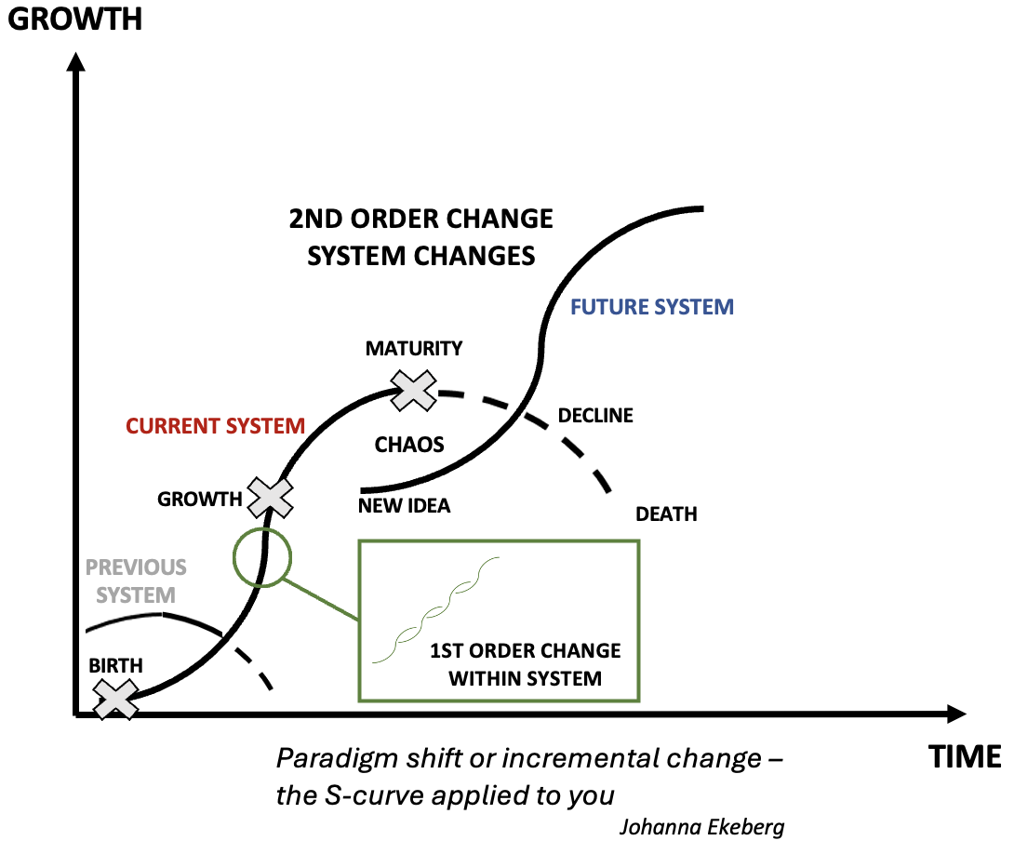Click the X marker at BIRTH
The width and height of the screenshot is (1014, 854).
pyautogui.click(x=117, y=699)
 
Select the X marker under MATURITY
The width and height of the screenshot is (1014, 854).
pyautogui.click(x=414, y=390)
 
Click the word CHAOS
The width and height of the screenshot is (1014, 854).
pyautogui.click(x=409, y=444)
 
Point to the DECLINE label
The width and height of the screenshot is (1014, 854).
pyautogui.click(x=595, y=415)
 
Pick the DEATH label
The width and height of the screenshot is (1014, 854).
pyautogui.click(x=666, y=514)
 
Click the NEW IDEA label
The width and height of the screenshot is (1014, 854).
pyautogui.click(x=404, y=506)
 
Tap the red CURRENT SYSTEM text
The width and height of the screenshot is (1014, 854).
pyautogui.click(x=216, y=426)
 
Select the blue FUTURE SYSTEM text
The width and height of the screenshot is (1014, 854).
pyautogui.click(x=652, y=306)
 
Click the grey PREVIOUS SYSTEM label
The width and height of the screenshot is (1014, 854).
pyautogui.click(x=136, y=580)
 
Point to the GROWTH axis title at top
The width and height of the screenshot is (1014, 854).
pyautogui.click(x=74, y=18)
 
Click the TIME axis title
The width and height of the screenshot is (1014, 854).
pyautogui.click(x=965, y=757)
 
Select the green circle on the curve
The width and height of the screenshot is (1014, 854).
pyautogui.click(x=263, y=556)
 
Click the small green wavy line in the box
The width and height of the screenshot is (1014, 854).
pyautogui.click(x=436, y=610)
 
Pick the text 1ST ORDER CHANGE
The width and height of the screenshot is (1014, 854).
pyautogui.click(x=526, y=650)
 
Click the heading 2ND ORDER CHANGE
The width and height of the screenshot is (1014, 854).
pyautogui.click(x=420, y=220)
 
